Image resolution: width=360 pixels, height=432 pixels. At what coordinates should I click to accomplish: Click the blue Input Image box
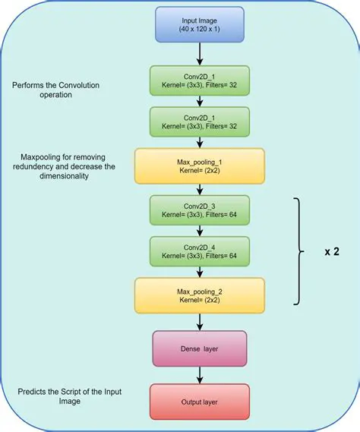[x=201, y=25]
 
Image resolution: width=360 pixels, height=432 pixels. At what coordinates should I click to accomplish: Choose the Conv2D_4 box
[x=200, y=252]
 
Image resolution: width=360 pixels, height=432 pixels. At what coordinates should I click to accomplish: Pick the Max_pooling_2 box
[x=200, y=296]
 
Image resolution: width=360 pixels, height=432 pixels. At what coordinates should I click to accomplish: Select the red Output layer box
[x=200, y=401]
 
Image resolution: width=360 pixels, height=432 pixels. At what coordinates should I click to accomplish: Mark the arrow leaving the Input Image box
[x=200, y=53]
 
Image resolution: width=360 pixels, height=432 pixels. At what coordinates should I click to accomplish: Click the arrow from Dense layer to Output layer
[x=200, y=374]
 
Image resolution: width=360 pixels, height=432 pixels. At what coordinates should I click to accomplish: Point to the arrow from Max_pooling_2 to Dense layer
[x=200, y=322]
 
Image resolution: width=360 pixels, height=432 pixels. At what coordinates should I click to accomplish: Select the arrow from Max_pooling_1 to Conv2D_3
[x=200, y=190]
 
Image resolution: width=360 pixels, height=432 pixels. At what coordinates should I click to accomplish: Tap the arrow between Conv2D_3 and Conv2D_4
[x=200, y=232]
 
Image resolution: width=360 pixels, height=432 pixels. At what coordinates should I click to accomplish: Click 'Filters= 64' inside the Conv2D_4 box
[x=226, y=257]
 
